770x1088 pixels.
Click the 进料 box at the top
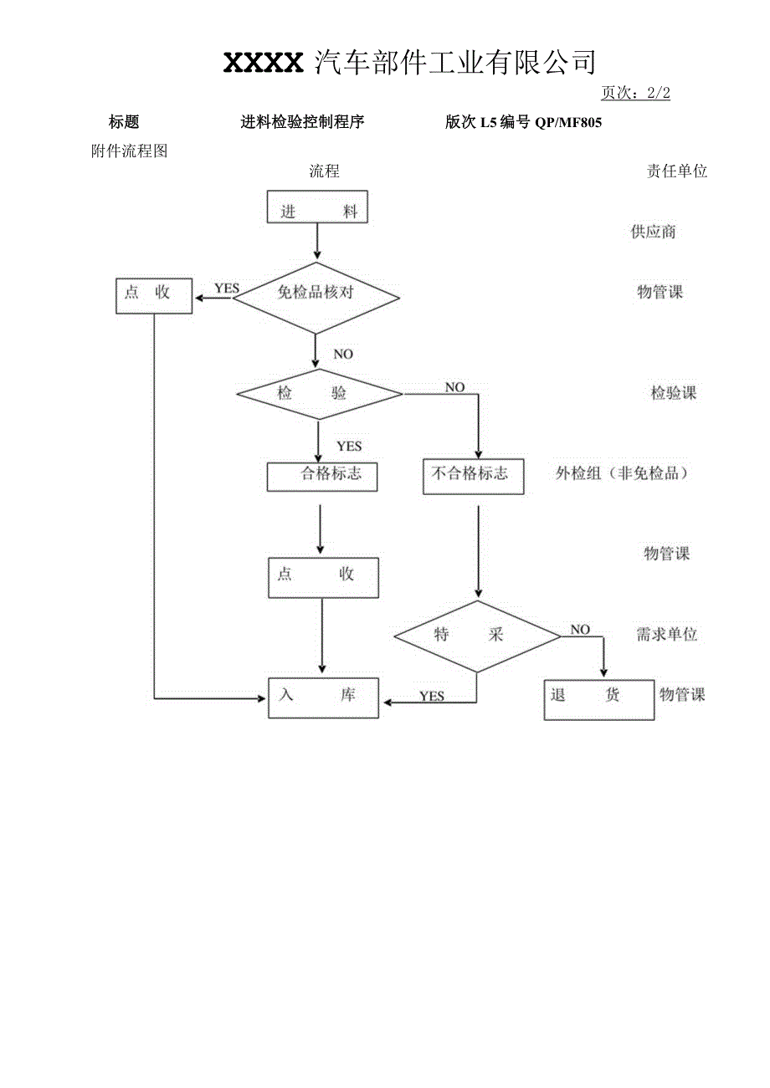tap(317, 207)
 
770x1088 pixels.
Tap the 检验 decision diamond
tap(319, 393)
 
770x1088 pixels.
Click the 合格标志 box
tap(322, 476)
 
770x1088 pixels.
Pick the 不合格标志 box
tap(473, 475)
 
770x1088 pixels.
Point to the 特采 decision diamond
tap(477, 636)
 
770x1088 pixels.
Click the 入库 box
tap(323, 697)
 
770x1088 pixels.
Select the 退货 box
tap(598, 698)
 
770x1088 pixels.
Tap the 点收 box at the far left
tap(154, 295)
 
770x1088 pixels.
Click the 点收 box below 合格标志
tap(323, 577)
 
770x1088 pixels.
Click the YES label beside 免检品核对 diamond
tap(226, 289)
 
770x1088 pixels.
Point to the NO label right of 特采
tap(580, 629)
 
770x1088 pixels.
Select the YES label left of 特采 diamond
tap(432, 696)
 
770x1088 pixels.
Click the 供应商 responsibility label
tap(653, 232)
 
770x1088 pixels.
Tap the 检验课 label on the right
tap(674, 393)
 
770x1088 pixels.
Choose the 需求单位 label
tap(666, 635)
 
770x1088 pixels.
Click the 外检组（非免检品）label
tap(622, 473)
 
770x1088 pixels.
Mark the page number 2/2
tap(659, 94)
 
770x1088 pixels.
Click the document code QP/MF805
tap(568, 123)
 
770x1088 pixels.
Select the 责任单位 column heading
tap(676, 171)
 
